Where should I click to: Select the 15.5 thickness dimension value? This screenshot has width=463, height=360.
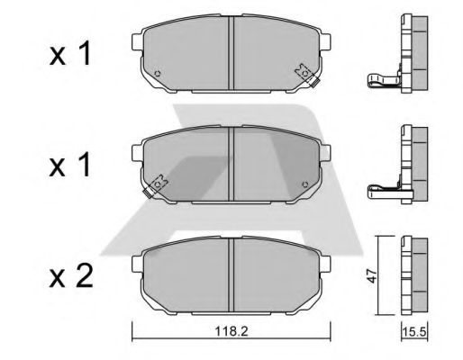pyautogui.click(x=413, y=333)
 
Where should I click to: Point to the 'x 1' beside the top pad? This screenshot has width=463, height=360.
pyautogui.click(x=69, y=56)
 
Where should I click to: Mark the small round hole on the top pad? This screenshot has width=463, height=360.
pyautogui.click(x=158, y=74)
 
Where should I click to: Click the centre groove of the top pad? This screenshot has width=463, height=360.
pyautogui.click(x=232, y=54)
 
